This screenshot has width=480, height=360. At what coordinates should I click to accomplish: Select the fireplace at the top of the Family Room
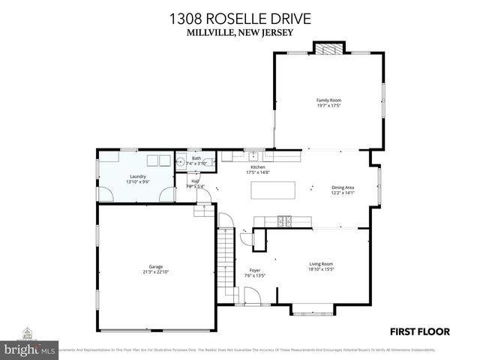coord(327,49)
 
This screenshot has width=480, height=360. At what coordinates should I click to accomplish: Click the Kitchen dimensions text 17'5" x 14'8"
coord(258,172)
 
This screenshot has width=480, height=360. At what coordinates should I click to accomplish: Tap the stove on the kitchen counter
coord(285,220)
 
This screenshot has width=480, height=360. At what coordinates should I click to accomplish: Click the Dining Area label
coord(342,187)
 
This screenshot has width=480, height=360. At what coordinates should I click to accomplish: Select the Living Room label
coord(321,263)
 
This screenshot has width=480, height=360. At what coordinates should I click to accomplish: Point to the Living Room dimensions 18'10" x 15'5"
coord(321,268)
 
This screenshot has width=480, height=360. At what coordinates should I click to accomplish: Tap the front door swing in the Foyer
coord(253,297)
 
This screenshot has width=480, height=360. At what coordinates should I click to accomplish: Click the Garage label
coord(156,266)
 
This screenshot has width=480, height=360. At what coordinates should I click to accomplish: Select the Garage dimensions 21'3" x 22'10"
coord(156,271)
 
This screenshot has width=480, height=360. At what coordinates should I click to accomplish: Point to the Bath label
coord(196,158)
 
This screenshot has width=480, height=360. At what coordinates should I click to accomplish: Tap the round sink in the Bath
coord(181,160)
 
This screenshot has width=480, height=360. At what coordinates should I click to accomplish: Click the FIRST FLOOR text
coord(419,331)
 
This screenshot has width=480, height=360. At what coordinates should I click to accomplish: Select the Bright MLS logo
coord(29,349)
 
